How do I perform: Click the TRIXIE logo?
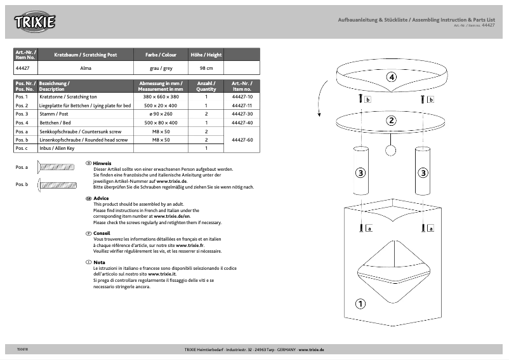pos(36,22)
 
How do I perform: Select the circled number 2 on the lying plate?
pos(392,120)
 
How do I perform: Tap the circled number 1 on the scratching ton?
pos(360,303)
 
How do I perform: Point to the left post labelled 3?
pos(360,171)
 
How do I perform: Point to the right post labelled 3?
pos(423,171)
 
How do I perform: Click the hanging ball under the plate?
pos(391,150)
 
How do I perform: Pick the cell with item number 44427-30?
pos(242,114)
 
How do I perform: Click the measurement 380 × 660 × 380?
pos(161,97)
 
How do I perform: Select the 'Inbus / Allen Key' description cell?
pos(85,148)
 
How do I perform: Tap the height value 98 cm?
pos(206,67)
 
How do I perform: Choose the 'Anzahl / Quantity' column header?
pos(206,86)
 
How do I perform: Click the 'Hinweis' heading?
pos(102,163)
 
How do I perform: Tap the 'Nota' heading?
pos(99,262)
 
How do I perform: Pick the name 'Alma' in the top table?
pos(86,67)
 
